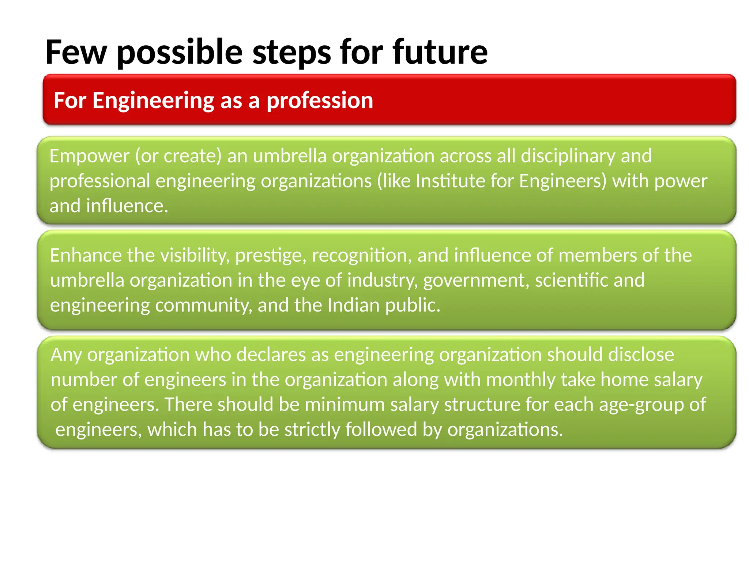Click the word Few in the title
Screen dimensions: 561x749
click(x=76, y=52)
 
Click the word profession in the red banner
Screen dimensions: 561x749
click(x=320, y=100)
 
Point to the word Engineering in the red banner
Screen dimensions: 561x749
click(x=153, y=100)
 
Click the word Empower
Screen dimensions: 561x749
click(x=89, y=156)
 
